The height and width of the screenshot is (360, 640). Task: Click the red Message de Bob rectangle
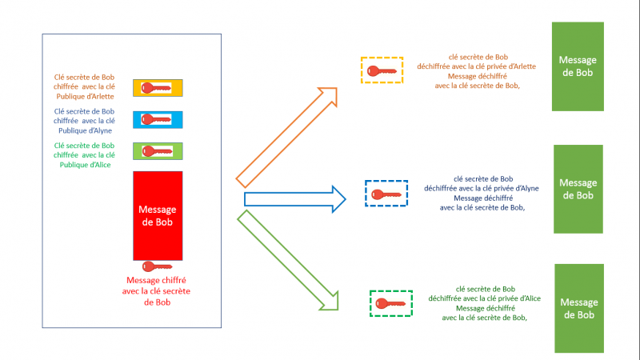(x=158, y=214)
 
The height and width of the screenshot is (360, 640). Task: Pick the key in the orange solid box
(x=158, y=88)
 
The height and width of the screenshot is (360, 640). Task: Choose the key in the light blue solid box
(x=158, y=119)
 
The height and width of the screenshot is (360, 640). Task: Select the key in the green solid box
(x=158, y=150)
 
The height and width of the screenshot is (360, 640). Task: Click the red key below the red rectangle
(x=157, y=266)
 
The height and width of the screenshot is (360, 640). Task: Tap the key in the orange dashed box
(x=382, y=70)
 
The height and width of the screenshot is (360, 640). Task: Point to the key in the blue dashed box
(x=387, y=194)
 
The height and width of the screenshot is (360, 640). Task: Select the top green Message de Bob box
(x=578, y=66)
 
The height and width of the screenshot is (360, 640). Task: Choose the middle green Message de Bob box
(x=578, y=189)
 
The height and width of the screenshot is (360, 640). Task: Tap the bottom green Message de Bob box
(x=578, y=308)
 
